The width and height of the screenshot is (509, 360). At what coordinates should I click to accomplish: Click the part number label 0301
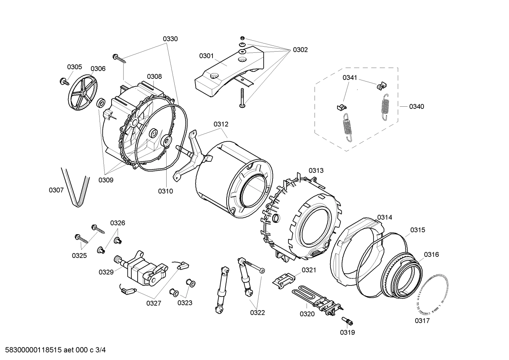pos(206,56)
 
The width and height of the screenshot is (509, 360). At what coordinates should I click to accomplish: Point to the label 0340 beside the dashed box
pos(417,106)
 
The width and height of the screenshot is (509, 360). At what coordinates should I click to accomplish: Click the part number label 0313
pos(316,171)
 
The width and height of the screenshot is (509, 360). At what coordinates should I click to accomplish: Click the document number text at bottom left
pos(53,350)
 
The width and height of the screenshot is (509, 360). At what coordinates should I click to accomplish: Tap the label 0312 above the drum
pos(221,124)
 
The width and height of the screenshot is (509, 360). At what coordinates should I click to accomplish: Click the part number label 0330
pos(170,39)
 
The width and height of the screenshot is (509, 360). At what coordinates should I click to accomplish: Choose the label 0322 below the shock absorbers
pos(258,312)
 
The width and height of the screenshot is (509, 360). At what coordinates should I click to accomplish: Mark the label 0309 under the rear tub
pos(106,180)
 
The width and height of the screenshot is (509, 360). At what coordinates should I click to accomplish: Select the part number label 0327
pos(154,303)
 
